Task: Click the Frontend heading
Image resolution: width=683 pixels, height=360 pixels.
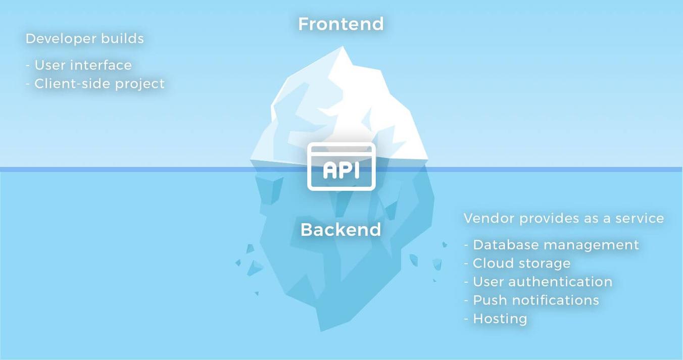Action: [x=341, y=24]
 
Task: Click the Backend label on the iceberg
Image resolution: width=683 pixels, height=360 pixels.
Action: [x=341, y=230]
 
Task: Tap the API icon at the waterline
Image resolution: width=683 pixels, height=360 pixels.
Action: [x=341, y=167]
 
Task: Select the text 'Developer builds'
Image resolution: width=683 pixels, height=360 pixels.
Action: [x=85, y=39]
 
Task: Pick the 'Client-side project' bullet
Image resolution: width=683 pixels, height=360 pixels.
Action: [x=95, y=84]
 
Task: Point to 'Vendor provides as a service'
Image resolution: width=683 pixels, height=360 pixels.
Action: [x=564, y=218]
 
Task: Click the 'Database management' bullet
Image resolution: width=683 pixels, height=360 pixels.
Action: [x=552, y=245]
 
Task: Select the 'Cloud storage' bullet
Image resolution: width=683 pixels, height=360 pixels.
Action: [x=517, y=264]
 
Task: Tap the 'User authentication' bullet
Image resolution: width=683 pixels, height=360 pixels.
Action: [x=538, y=282]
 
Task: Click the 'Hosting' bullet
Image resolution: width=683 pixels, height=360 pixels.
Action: [x=496, y=319]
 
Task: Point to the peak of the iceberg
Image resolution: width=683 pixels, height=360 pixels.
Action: [x=343, y=46]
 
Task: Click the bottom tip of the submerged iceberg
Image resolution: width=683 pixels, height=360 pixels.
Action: [x=321, y=331]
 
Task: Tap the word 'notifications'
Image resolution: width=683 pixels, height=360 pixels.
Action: [x=556, y=300]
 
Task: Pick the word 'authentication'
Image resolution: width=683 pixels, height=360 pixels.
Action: [x=560, y=282]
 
